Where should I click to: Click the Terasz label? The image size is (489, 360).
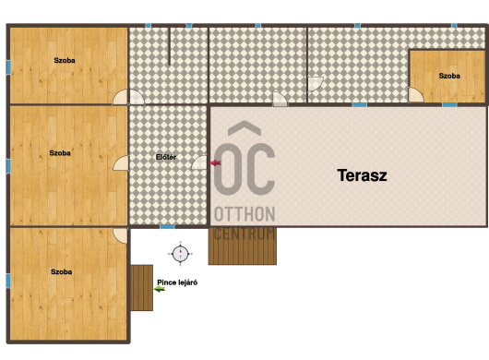tap(362, 175)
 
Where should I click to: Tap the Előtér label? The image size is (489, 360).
tap(166, 157)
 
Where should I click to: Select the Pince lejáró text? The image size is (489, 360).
tap(177, 282)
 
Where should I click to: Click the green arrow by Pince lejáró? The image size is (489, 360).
tap(160, 289)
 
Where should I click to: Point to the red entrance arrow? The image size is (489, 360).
tap(216, 162)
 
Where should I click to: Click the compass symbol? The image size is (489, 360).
tap(180, 254)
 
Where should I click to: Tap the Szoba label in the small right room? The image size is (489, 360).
tap(449, 76)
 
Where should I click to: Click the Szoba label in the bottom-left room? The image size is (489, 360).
tap(62, 271)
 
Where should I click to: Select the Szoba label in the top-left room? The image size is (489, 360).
tap(65, 60)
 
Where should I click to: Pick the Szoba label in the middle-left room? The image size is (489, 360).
tap(60, 153)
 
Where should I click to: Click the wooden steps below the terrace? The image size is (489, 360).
tap(243, 246)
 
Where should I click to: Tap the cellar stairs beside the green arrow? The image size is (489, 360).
tap(141, 288)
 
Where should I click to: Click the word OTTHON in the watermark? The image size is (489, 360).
tap(244, 214)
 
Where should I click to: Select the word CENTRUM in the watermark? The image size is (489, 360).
tap(244, 234)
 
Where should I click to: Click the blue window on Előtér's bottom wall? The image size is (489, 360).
tap(167, 227)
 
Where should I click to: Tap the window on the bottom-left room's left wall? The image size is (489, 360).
tap(8, 281)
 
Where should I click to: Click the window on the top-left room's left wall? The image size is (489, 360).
tap(8, 67)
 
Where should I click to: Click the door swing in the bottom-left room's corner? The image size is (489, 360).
tap(120, 235)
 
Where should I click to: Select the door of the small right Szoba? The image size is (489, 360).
tap(415, 95)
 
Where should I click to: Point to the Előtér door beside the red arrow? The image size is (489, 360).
tap(199, 162)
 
